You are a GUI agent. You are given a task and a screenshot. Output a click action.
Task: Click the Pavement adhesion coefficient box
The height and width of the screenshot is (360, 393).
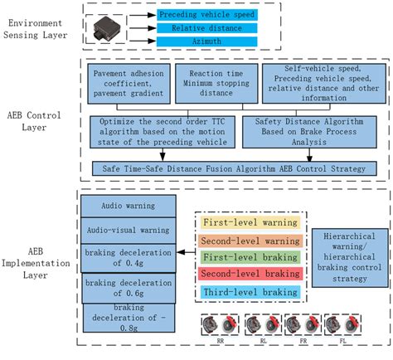click(x=126, y=85)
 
